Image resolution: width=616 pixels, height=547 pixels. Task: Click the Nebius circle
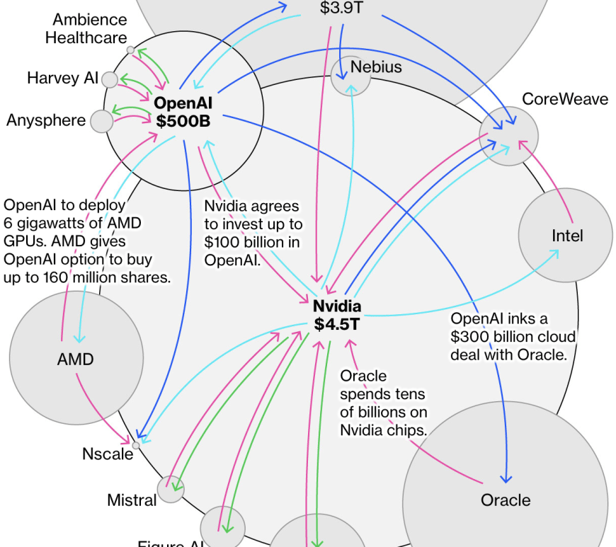(x=350, y=76)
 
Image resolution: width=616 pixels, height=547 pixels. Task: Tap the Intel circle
(x=565, y=235)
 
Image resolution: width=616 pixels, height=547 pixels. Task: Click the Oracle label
(x=505, y=500)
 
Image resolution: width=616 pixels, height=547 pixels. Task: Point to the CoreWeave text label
(x=564, y=99)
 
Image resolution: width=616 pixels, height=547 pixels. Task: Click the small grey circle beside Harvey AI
(x=110, y=79)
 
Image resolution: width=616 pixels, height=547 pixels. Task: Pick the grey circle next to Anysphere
(x=102, y=121)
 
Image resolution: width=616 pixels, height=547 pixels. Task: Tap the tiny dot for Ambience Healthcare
(x=130, y=50)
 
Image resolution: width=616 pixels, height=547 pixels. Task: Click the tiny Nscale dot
(x=137, y=444)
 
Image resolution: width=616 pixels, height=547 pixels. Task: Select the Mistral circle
(x=171, y=489)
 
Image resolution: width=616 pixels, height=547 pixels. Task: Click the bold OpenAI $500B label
(x=183, y=113)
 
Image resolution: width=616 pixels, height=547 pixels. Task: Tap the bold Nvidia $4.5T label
(x=337, y=316)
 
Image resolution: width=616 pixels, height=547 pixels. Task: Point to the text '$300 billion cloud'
(x=513, y=337)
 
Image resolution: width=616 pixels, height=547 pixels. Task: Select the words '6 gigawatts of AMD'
(x=72, y=224)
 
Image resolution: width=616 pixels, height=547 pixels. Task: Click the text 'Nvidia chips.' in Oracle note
(x=383, y=430)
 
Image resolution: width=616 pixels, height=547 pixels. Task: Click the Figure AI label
(x=170, y=543)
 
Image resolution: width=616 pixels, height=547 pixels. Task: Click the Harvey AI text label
(x=62, y=78)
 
